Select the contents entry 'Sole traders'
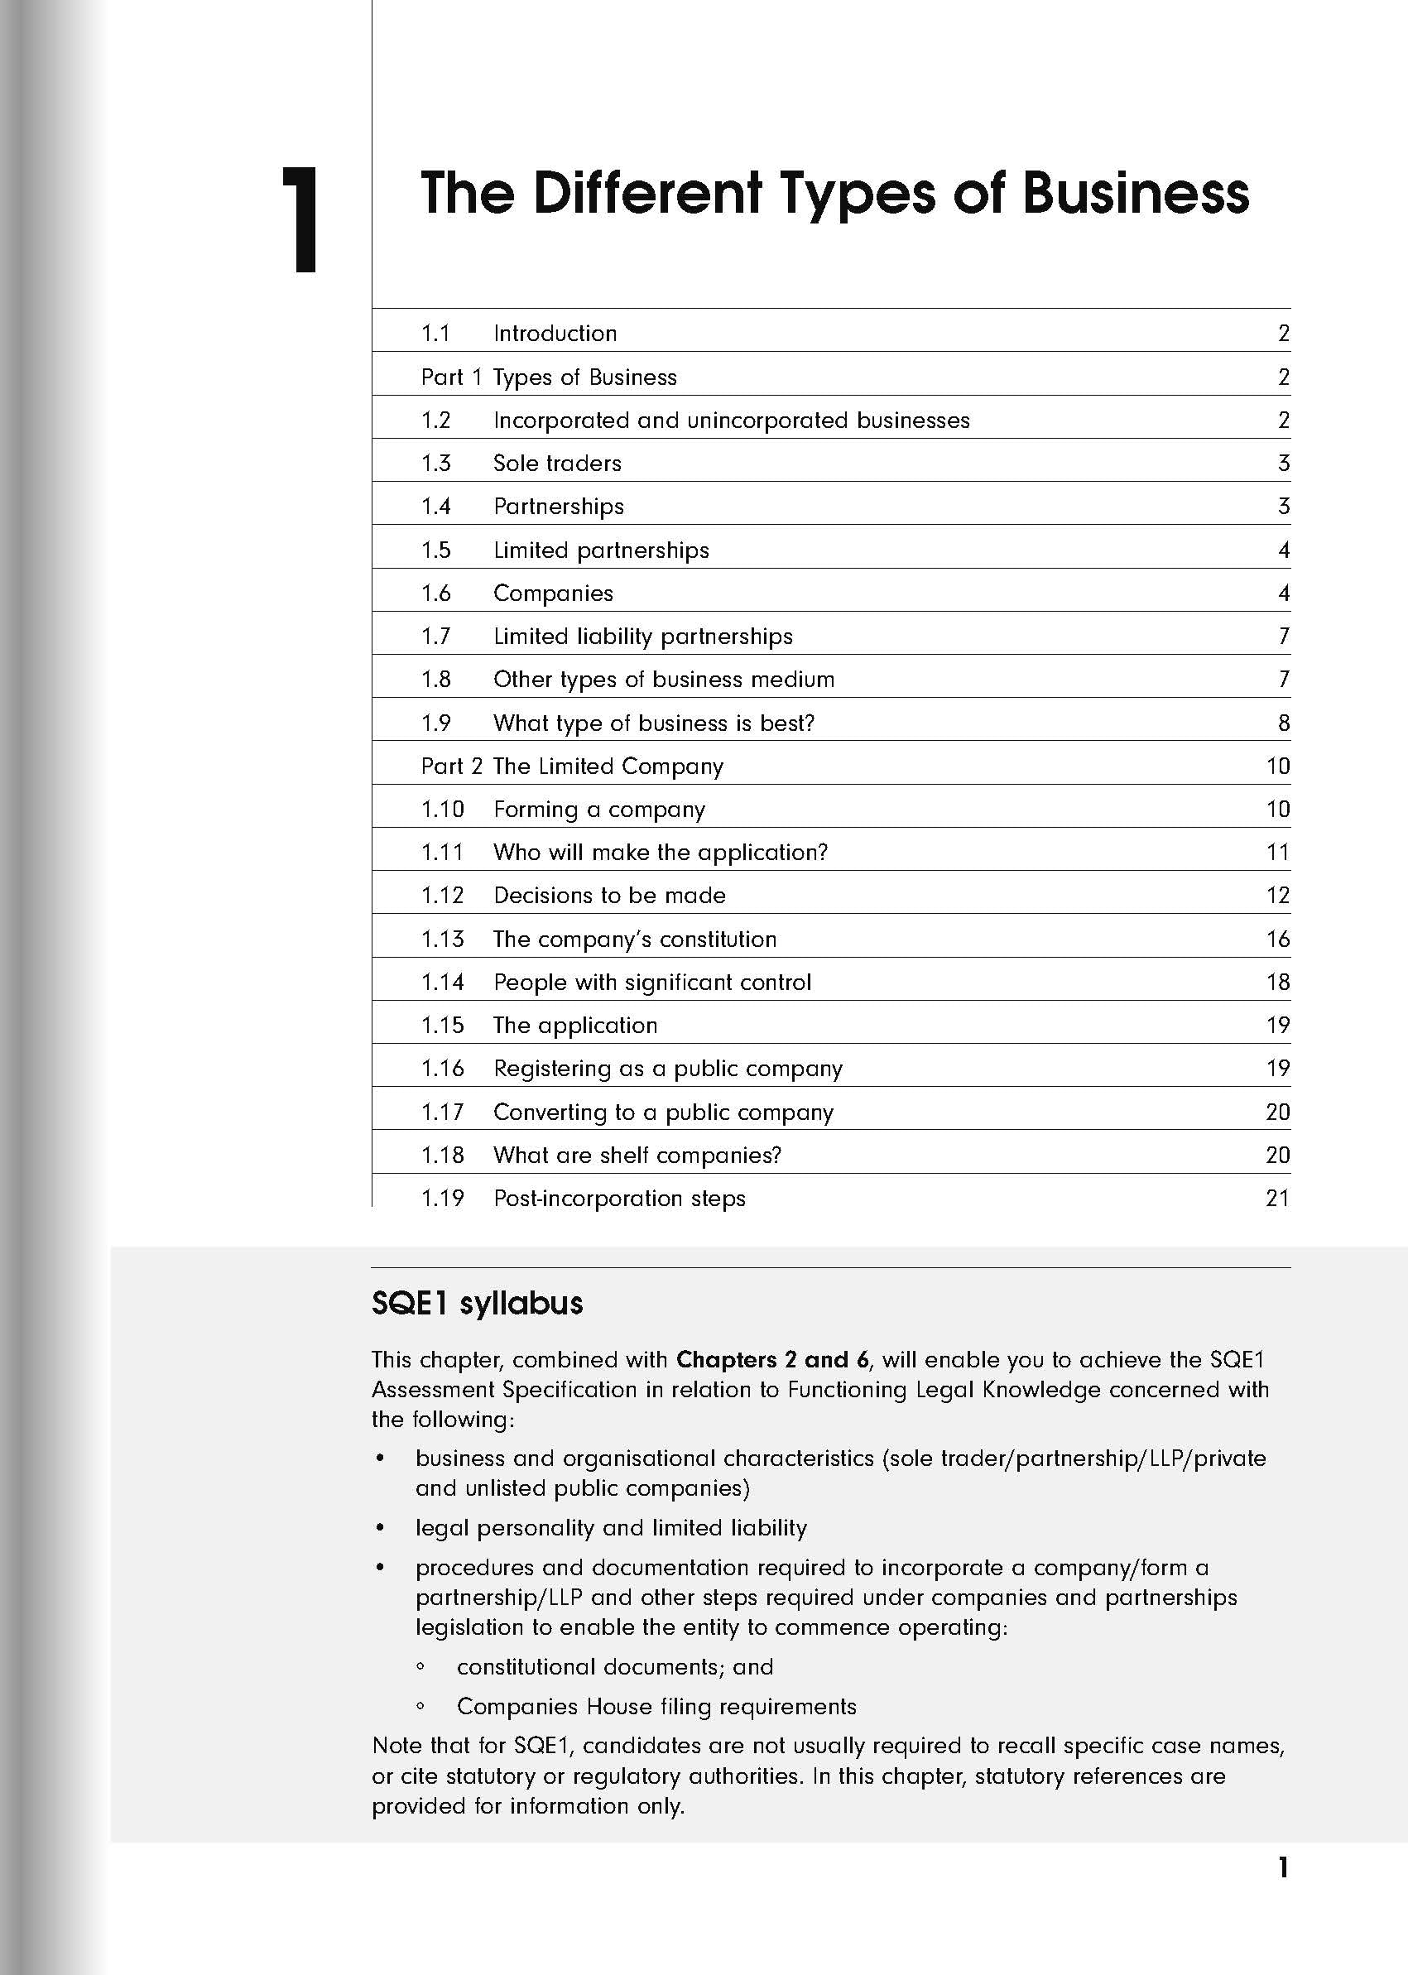(556, 463)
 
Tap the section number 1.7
(435, 637)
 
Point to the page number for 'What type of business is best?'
(1283, 723)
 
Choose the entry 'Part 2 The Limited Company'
(571, 766)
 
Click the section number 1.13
(442, 939)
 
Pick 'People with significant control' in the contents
(652, 983)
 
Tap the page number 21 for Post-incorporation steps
(1277, 1199)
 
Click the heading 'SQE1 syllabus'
(477, 1303)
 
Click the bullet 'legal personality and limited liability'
(610, 1528)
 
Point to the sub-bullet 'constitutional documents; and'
(615, 1666)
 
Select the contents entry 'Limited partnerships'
(601, 550)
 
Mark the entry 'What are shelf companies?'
(637, 1155)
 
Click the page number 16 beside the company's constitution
(1277, 939)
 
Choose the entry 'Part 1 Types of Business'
(548, 377)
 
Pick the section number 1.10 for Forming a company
(442, 810)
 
